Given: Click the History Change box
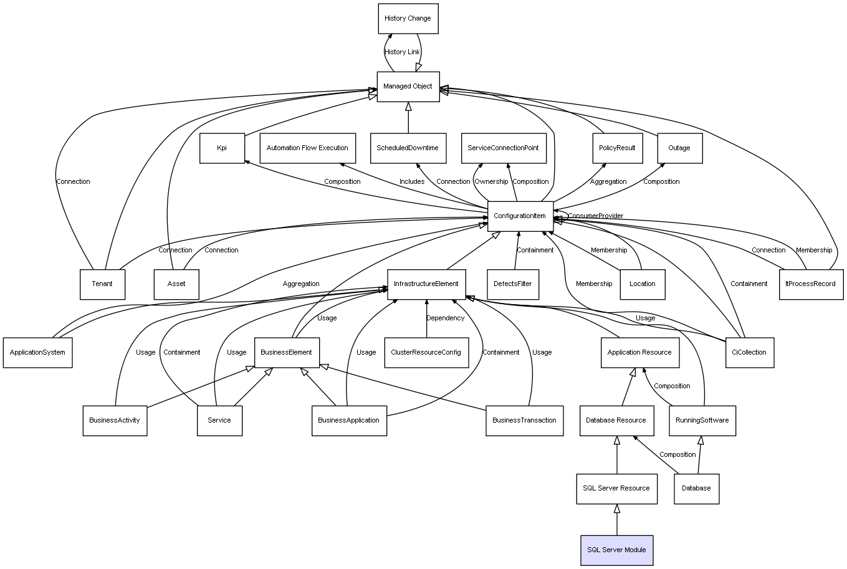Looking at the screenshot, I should pos(408,19).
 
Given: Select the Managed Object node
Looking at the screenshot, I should pos(408,87).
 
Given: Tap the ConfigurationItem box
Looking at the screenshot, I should pos(520,216).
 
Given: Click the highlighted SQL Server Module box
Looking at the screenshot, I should pos(616,550).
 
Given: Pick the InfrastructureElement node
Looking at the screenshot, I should pos(426,284).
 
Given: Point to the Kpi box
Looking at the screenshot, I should pos(222,148).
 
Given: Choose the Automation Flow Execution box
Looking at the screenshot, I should pos(307,148).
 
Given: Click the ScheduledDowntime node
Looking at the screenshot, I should pos(408,148).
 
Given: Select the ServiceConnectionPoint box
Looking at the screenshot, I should pos(503,148).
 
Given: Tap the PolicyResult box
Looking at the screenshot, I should pos(617,148).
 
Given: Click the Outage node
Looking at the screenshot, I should pos(679,148).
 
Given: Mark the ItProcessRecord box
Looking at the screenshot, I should pos(811,284).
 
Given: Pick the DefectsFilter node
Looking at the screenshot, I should pos(513,284).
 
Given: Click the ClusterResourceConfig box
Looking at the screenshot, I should pos(426,353).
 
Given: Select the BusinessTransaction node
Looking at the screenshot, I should pos(524,421).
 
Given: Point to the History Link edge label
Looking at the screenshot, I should pos(402,52).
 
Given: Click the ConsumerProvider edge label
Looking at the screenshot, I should pos(595,216).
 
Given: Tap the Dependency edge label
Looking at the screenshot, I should pos(445,318).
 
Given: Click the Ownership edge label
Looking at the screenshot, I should pos(491,182).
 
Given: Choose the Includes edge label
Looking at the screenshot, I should pos(412,182).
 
